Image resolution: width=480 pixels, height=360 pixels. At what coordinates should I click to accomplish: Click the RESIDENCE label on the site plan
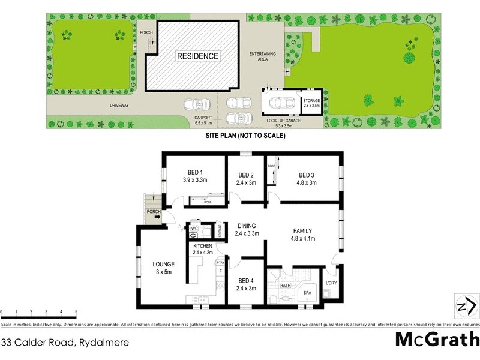(x=197, y=56)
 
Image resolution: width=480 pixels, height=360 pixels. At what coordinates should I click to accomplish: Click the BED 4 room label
(x=247, y=281)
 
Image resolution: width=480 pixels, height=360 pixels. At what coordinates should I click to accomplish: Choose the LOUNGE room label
(x=163, y=264)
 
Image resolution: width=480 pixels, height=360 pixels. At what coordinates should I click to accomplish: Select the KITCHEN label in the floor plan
(x=202, y=247)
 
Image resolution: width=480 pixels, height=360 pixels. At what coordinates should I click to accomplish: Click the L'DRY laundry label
(x=331, y=283)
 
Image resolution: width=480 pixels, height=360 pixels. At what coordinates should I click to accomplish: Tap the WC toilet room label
(x=194, y=229)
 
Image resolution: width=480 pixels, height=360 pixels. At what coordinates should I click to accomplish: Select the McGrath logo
(x=436, y=340)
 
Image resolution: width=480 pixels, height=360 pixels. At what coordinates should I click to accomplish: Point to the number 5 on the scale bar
(x=76, y=311)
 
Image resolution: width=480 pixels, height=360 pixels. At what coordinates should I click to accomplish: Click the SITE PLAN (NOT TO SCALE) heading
(x=245, y=136)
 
